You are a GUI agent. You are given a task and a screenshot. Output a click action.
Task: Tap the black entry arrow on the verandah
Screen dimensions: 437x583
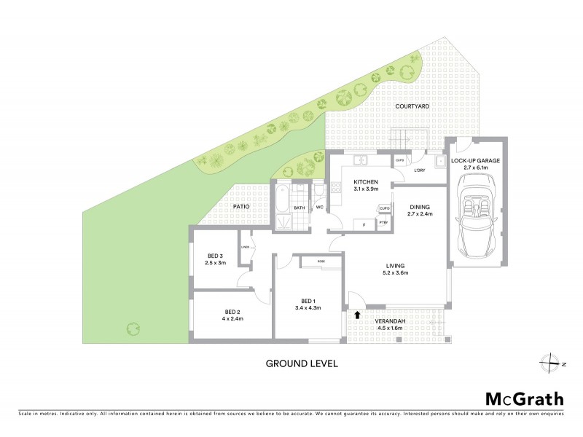click(357, 315)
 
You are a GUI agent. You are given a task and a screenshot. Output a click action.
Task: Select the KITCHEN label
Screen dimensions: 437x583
click(364, 181)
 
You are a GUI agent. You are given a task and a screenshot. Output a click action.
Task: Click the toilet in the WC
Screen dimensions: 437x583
click(320, 191)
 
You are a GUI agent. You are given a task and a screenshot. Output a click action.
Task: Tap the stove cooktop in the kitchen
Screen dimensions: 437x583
click(336, 187)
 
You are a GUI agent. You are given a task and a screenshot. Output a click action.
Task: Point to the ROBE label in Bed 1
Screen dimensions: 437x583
click(321, 261)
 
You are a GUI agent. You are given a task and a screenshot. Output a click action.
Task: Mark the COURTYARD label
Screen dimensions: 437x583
click(412, 106)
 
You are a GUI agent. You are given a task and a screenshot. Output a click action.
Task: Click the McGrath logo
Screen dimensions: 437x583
click(524, 398)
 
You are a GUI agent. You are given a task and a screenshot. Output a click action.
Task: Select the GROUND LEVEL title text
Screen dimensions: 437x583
click(301, 362)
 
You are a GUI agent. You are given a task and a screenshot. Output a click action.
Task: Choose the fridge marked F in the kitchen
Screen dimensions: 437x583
click(364, 224)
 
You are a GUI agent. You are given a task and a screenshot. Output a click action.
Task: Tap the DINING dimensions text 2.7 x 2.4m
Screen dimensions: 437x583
click(420, 214)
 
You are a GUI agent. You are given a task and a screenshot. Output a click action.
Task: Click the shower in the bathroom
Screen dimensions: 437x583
click(281, 218)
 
